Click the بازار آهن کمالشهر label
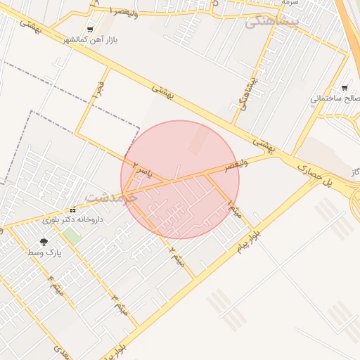[89, 39]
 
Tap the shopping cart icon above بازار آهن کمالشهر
[89, 30]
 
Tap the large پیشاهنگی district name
[273, 22]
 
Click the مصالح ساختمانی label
[335, 98]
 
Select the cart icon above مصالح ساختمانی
[344, 88]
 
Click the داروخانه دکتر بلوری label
[72, 220]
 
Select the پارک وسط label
[45, 251]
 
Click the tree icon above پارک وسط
[44, 241]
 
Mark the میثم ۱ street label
[234, 209]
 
